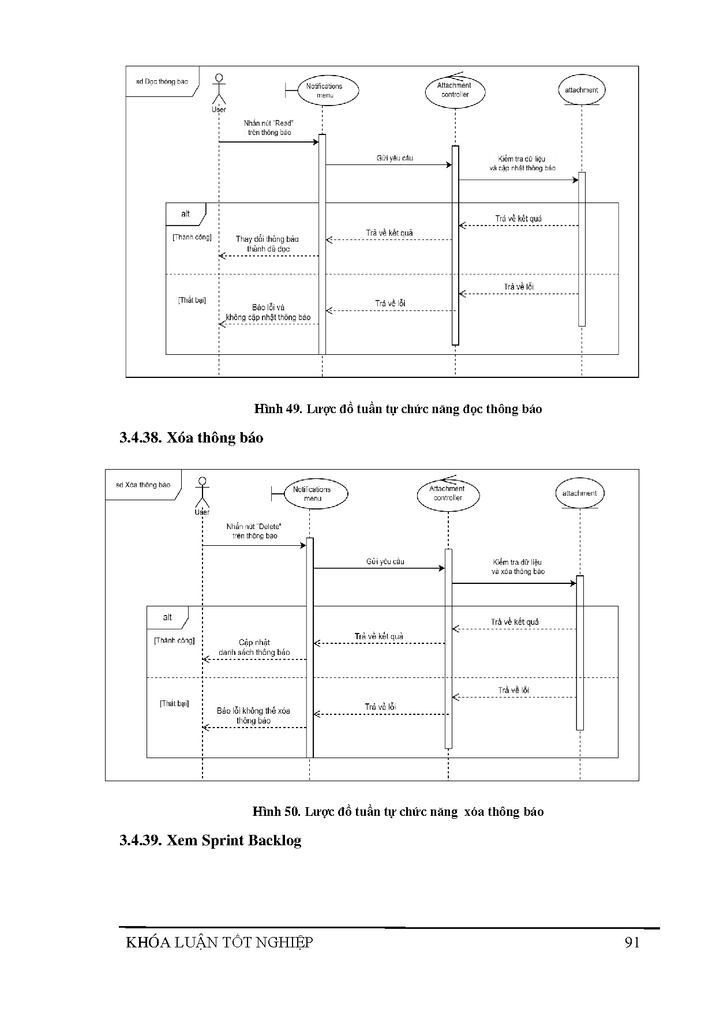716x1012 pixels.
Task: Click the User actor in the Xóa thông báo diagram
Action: (202, 494)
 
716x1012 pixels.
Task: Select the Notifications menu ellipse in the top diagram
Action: (324, 91)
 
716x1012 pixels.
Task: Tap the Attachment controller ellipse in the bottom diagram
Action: (448, 493)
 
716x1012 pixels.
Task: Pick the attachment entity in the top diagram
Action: (581, 90)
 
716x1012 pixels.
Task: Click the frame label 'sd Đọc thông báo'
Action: (162, 81)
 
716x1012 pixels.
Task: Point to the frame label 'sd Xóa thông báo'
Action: (143, 485)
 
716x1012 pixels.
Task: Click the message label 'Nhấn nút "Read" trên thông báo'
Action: (269, 128)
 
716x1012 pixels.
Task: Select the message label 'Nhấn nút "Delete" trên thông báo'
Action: (254, 531)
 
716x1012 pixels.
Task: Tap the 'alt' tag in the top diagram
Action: (185, 213)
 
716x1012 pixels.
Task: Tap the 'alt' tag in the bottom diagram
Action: (167, 617)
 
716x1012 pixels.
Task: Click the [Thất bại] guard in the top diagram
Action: (192, 300)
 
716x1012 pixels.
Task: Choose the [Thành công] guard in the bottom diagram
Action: (174, 640)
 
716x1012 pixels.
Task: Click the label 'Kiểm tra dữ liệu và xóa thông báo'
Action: (518, 567)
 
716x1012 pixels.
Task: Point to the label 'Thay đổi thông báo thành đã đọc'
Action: (268, 243)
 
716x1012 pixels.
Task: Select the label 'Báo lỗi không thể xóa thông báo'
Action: (253, 715)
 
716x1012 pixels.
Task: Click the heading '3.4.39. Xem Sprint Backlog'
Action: (211, 840)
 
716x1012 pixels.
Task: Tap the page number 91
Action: (632, 942)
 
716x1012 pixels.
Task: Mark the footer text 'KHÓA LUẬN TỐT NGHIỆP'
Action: (219, 942)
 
